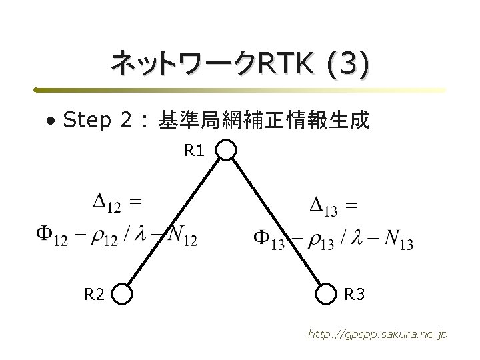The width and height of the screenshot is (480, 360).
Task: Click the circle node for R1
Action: (227, 150)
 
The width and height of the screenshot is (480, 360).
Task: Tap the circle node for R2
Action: (122, 293)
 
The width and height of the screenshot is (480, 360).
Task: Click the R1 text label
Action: (195, 151)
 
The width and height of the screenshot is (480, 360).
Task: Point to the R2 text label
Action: (93, 293)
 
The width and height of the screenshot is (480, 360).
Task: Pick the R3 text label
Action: (354, 293)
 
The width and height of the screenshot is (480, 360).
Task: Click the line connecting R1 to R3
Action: (277, 220)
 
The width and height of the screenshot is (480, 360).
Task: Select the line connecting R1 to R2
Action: (175, 220)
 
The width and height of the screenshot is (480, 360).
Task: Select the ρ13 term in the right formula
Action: (321, 241)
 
